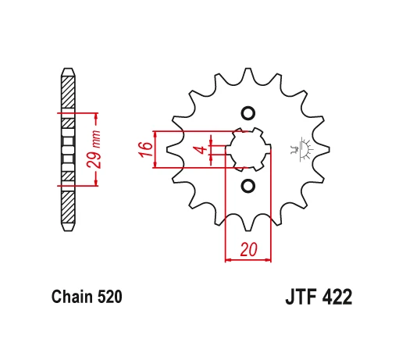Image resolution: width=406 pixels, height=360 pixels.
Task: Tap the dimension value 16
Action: pos(145,149)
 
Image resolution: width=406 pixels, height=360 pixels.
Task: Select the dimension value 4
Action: pos(200,149)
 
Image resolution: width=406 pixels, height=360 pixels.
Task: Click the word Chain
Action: pos(73,298)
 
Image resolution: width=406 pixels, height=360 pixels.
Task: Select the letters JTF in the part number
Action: pos(294,298)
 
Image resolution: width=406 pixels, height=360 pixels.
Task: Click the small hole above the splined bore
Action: pos(248,112)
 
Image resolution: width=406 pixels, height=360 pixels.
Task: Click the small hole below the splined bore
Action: pos(248,186)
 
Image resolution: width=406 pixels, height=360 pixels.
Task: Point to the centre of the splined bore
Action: pos(248,149)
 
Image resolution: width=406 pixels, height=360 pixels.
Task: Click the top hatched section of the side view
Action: pos(69,94)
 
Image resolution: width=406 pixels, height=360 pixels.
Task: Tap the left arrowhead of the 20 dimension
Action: pos(229,259)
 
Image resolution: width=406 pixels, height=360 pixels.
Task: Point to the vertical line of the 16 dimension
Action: pos(158,149)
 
